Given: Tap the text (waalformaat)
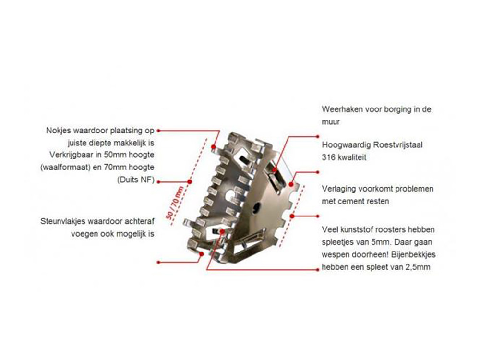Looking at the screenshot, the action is tap(67, 168).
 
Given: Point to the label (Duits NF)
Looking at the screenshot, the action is tap(136, 180).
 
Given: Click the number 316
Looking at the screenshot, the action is tap(328, 157).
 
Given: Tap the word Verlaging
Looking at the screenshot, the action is tap(338, 189).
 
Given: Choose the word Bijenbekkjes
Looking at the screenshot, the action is tap(413, 255).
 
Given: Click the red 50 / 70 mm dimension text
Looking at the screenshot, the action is tap(175, 203).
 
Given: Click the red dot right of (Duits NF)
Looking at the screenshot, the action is tap(158, 182).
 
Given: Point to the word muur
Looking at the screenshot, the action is tap(331, 122).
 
